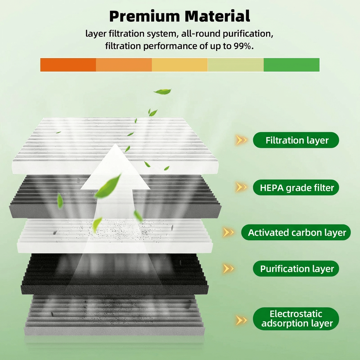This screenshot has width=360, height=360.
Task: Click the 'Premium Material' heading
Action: click(180, 16)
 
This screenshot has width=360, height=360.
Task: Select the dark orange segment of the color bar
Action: click(68, 65)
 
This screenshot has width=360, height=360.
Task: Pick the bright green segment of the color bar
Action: click(291, 65)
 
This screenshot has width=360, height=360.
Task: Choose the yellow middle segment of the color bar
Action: click(180, 65)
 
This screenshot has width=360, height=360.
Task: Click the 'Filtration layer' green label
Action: click(296, 140)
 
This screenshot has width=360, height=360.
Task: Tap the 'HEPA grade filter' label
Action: click(296, 188)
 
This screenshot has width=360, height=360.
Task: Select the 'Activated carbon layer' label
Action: click(296, 232)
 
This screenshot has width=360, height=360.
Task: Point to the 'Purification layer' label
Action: click(296, 269)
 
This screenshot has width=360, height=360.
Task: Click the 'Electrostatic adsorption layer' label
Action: click(296, 319)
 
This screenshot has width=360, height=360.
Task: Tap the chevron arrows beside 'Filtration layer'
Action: click(241, 141)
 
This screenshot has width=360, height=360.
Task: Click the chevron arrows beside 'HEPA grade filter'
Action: click(241, 187)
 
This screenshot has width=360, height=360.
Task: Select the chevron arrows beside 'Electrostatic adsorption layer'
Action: click(241, 320)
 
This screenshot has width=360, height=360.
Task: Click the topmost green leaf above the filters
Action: click(162, 92)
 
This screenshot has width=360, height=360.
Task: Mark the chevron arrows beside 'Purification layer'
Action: click(228, 269)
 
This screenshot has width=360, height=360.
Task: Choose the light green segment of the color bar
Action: click(236, 65)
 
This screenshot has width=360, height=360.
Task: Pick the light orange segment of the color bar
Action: click(124, 65)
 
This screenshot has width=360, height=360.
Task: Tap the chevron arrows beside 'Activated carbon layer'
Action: click(228, 232)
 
